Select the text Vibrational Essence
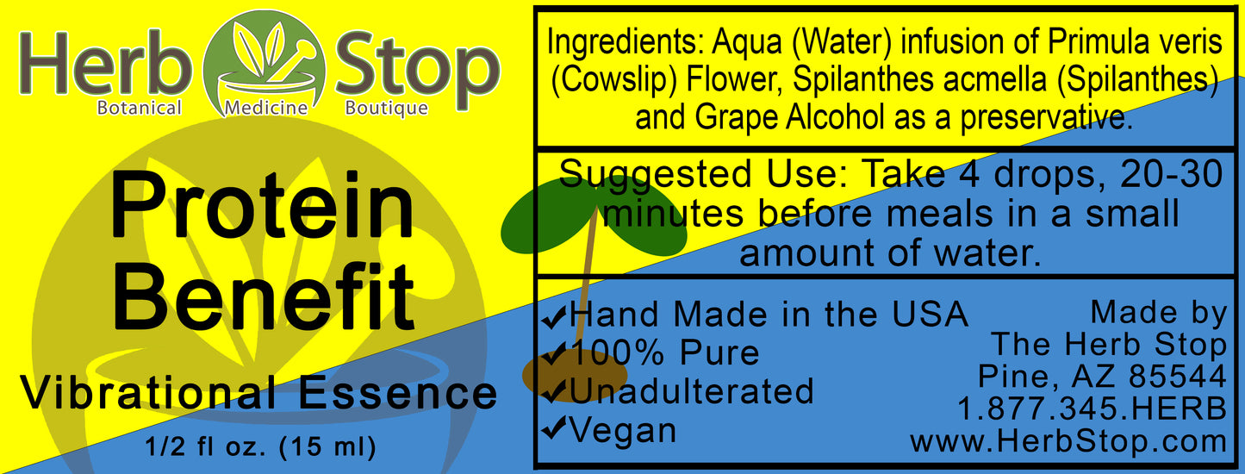pos(258,394)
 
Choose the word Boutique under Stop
pos(386,109)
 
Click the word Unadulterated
pos(690,391)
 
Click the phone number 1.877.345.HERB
pos(1092,409)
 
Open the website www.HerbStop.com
pos(1068,441)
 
